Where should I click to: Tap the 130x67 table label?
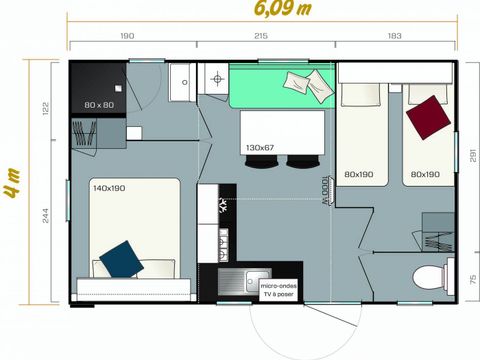[259, 148]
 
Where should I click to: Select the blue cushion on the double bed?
[120, 259]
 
